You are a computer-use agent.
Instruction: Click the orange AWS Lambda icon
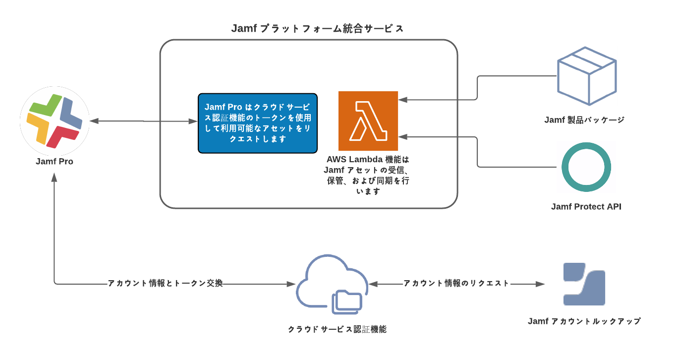click(x=368, y=121)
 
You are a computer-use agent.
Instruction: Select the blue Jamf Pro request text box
click(x=257, y=123)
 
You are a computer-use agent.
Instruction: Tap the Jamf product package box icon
click(x=587, y=76)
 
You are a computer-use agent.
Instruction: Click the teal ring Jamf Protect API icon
click(x=586, y=167)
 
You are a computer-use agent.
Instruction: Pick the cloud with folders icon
click(x=332, y=284)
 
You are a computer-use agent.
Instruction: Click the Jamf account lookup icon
click(x=584, y=284)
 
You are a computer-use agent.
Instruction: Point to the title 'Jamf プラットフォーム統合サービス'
click(x=318, y=29)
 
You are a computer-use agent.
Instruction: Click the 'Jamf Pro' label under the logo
click(x=55, y=161)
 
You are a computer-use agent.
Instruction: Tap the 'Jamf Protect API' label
click(x=586, y=207)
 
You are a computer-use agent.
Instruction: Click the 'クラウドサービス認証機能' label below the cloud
click(x=337, y=329)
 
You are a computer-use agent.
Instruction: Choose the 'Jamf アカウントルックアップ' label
click(x=584, y=321)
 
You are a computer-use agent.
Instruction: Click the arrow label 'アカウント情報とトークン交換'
click(x=166, y=284)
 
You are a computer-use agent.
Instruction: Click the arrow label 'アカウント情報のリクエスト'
click(x=456, y=283)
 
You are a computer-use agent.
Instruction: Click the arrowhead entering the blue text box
click(x=194, y=121)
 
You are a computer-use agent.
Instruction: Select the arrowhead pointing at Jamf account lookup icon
click(x=541, y=284)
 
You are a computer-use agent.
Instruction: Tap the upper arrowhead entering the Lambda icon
click(x=403, y=100)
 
